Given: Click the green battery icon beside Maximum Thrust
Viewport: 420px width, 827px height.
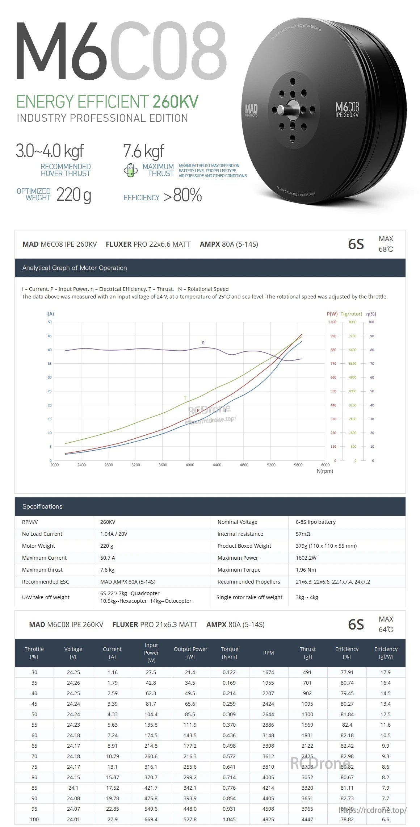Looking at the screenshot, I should [130, 170].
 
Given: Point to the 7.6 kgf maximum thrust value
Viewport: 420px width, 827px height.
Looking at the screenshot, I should [143, 151].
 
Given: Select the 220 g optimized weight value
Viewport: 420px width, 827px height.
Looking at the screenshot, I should [74, 195].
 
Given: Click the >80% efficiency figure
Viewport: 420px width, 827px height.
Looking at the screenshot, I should [182, 196].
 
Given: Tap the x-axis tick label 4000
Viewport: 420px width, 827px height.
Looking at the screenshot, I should [190, 465].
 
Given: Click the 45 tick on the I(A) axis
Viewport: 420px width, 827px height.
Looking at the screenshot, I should [50, 336].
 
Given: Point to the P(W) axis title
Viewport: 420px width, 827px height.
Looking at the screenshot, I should [332, 314].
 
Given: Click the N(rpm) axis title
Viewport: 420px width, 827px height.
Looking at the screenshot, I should [325, 471].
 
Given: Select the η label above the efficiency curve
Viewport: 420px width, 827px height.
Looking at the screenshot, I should [203, 342].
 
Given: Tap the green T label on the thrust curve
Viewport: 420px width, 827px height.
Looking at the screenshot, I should [185, 398].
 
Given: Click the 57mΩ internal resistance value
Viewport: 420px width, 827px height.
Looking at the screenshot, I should [303, 534].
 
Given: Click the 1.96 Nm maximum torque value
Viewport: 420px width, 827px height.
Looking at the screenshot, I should [306, 570].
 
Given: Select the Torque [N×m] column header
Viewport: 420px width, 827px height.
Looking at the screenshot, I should [229, 653].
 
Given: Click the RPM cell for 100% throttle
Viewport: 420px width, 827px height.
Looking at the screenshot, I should [268, 819].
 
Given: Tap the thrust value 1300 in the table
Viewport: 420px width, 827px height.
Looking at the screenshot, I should [307, 714].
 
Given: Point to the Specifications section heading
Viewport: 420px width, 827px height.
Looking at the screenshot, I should [42, 506].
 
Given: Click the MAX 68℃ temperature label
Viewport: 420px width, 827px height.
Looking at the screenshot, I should [386, 244].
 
